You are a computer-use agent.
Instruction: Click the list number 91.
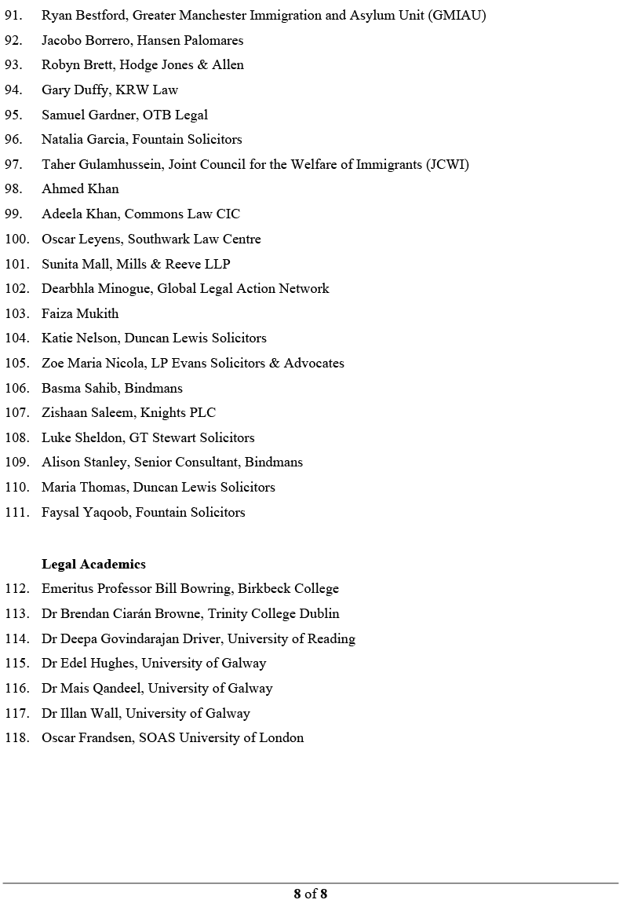click(x=13, y=15)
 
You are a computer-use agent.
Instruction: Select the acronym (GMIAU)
click(x=457, y=15)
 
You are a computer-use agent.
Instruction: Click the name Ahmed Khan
click(x=80, y=188)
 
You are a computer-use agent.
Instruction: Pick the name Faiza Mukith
click(x=80, y=313)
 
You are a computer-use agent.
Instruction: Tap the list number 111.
click(x=16, y=512)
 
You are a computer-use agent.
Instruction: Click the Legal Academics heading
click(x=93, y=564)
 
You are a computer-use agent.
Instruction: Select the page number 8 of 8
click(x=311, y=894)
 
